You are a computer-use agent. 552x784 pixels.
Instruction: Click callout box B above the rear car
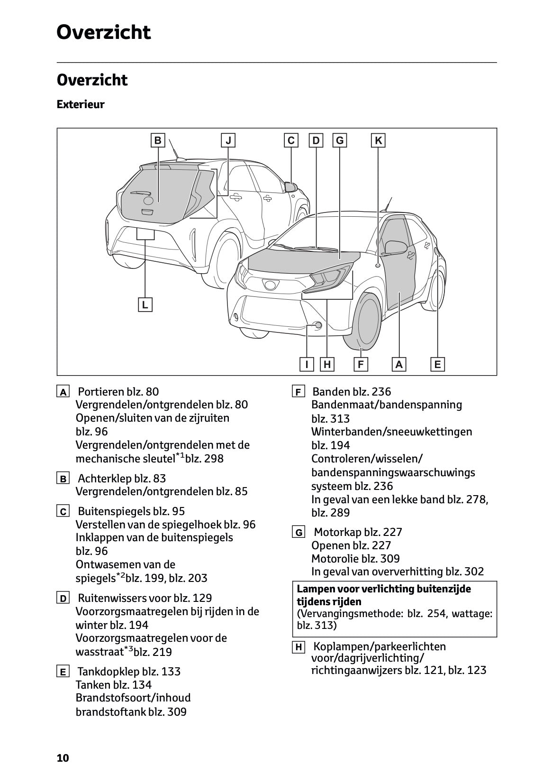pos(158,141)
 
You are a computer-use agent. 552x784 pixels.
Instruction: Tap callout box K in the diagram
pos(378,141)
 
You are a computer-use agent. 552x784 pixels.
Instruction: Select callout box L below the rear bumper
pos(145,304)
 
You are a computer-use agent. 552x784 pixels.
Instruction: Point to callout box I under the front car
pos(307,364)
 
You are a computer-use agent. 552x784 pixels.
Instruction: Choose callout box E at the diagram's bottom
pos(437,364)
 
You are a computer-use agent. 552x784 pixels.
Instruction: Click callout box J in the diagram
pos(228,141)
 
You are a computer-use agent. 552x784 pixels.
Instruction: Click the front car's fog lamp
pos(318,325)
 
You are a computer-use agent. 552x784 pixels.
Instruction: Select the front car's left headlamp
pos(327,278)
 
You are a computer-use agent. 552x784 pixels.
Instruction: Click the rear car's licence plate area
pos(145,234)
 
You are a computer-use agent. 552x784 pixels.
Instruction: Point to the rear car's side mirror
pos(290,187)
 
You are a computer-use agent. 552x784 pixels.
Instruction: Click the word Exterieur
pos(81,104)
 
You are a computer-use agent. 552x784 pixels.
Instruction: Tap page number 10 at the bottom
pos(63,758)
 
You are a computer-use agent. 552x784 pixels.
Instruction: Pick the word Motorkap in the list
pos(337,532)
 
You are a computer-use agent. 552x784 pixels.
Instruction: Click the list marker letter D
pos(63,598)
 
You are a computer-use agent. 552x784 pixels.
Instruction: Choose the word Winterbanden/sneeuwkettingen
pos(391,432)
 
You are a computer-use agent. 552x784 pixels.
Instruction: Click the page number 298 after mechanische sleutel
pos(214,459)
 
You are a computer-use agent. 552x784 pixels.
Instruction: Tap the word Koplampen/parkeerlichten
pos(380,646)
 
